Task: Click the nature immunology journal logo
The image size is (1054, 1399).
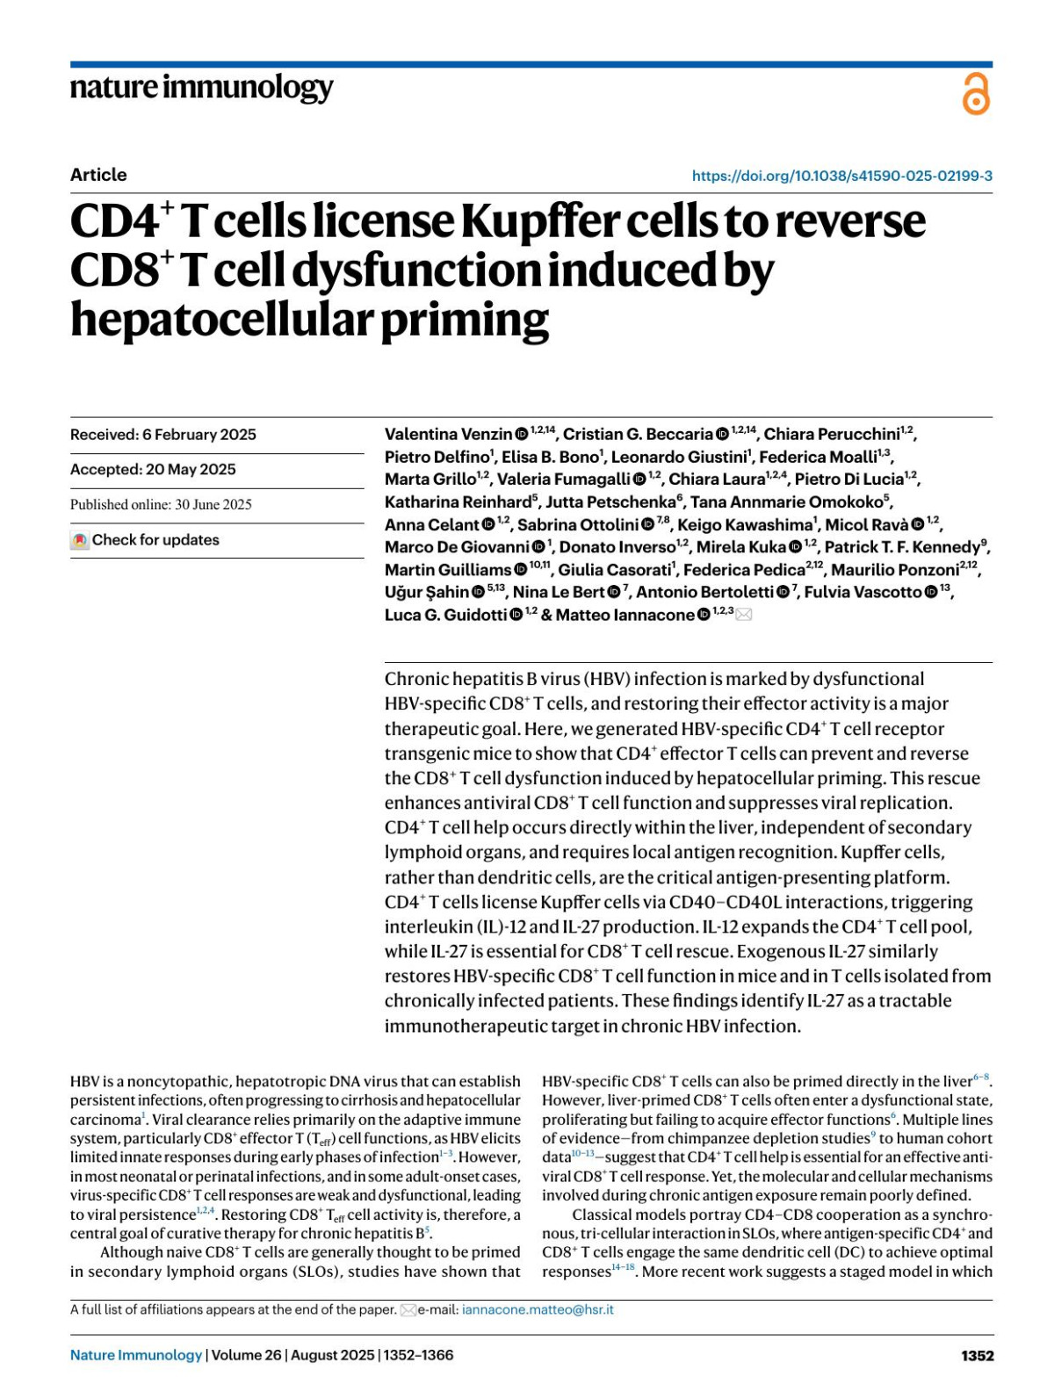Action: tap(201, 88)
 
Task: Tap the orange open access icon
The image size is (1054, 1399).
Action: tap(976, 94)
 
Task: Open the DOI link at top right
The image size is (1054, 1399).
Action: tap(841, 176)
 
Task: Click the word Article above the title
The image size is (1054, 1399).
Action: tap(98, 175)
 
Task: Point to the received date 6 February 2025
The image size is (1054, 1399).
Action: tap(163, 435)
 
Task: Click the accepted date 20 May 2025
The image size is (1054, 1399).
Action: tap(153, 470)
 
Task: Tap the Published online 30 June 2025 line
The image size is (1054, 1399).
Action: tap(161, 505)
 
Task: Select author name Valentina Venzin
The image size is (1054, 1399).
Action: tap(448, 435)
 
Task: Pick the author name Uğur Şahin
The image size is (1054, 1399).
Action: tap(426, 592)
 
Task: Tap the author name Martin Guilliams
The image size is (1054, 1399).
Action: tap(448, 570)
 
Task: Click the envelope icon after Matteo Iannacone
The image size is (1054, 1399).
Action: tap(743, 615)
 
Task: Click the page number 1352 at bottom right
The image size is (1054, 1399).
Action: tap(977, 1355)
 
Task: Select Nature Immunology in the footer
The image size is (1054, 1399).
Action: tap(136, 1355)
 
